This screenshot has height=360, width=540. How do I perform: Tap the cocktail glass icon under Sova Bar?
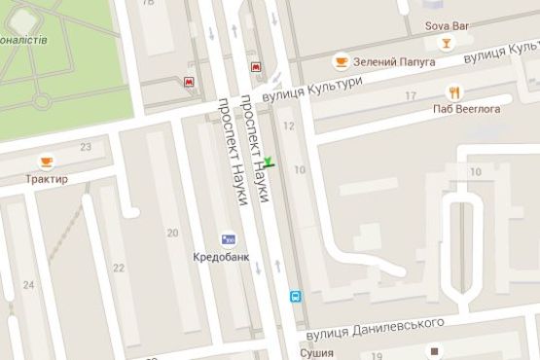pyautogui.click(x=446, y=43)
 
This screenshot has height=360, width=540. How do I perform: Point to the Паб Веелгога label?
pyautogui.click(x=467, y=109)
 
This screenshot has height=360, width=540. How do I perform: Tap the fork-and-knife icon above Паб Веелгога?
pyautogui.click(x=453, y=92)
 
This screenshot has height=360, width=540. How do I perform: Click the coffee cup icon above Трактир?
pyautogui.click(x=47, y=161)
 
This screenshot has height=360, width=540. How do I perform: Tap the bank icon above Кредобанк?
pyautogui.click(x=228, y=237)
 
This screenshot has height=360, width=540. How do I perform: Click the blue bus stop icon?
pyautogui.click(x=295, y=295)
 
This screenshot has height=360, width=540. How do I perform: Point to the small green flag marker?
pyautogui.click(x=270, y=162)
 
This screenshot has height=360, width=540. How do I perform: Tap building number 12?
pyautogui.click(x=288, y=126)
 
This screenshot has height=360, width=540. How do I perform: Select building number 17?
pyautogui.click(x=411, y=95)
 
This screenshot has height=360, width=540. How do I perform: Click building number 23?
pyautogui.click(x=86, y=147)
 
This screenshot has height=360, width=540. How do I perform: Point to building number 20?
pyautogui.click(x=172, y=233)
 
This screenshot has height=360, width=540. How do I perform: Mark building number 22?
pyautogui.click(x=119, y=268)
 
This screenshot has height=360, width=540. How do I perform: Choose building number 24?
pyautogui.click(x=28, y=285)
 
